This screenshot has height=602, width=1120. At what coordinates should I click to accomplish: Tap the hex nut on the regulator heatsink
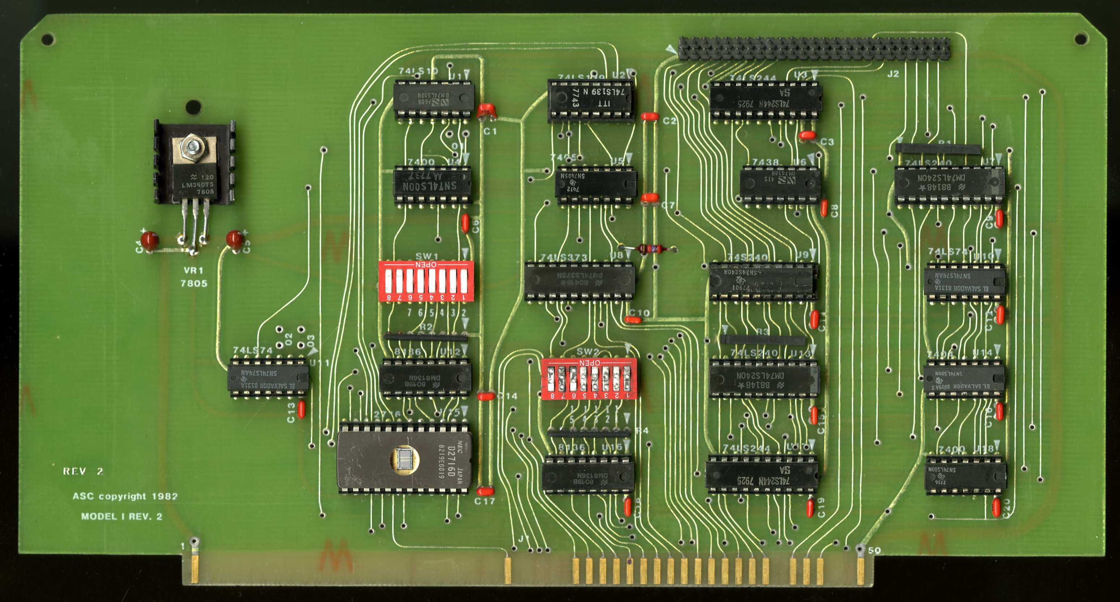pos(192,146)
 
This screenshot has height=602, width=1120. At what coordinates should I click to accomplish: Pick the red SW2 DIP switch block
pos(589,378)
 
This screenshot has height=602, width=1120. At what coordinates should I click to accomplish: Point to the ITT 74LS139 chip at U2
pos(590,99)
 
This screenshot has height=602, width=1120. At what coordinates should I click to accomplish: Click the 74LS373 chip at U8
pos(580,281)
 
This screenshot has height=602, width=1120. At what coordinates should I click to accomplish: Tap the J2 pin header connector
pos(814,48)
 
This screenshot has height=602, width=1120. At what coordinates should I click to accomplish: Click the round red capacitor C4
pos(149,239)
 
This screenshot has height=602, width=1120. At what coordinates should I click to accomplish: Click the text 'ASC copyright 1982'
pos(125,496)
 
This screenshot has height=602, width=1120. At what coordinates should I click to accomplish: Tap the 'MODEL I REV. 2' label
pos(122,516)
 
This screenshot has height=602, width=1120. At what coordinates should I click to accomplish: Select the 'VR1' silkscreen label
pos(194,270)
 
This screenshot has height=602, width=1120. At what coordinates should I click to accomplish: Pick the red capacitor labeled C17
pos(485,492)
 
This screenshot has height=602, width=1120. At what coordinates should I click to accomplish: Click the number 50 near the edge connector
pos(874,550)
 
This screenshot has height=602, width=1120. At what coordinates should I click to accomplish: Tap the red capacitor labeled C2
pos(650,116)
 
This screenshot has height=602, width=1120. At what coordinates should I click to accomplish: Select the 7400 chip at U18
pos(965,475)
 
